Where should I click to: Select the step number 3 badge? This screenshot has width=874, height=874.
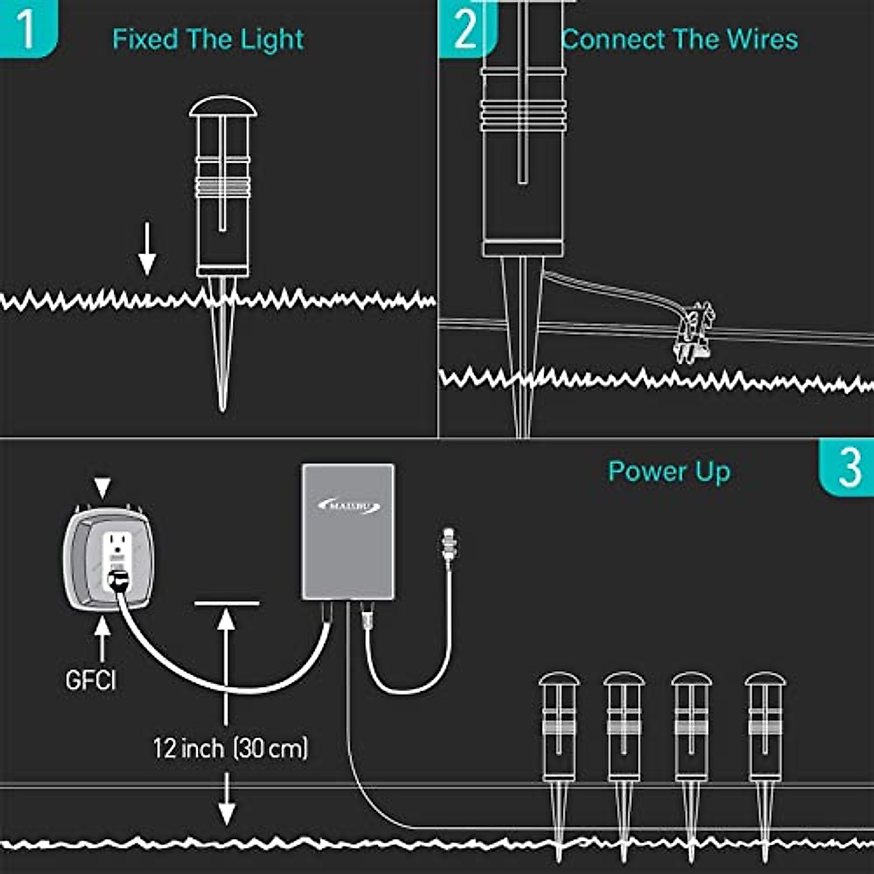(849, 468)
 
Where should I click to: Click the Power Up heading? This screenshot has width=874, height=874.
(669, 472)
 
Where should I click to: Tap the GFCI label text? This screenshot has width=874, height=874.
(90, 680)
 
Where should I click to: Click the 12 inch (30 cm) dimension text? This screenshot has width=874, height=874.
(230, 747)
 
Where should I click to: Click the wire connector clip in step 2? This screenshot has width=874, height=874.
(693, 332)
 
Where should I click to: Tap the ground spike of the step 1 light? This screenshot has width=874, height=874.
(222, 342)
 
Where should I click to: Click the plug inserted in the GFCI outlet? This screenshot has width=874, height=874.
(116, 580)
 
